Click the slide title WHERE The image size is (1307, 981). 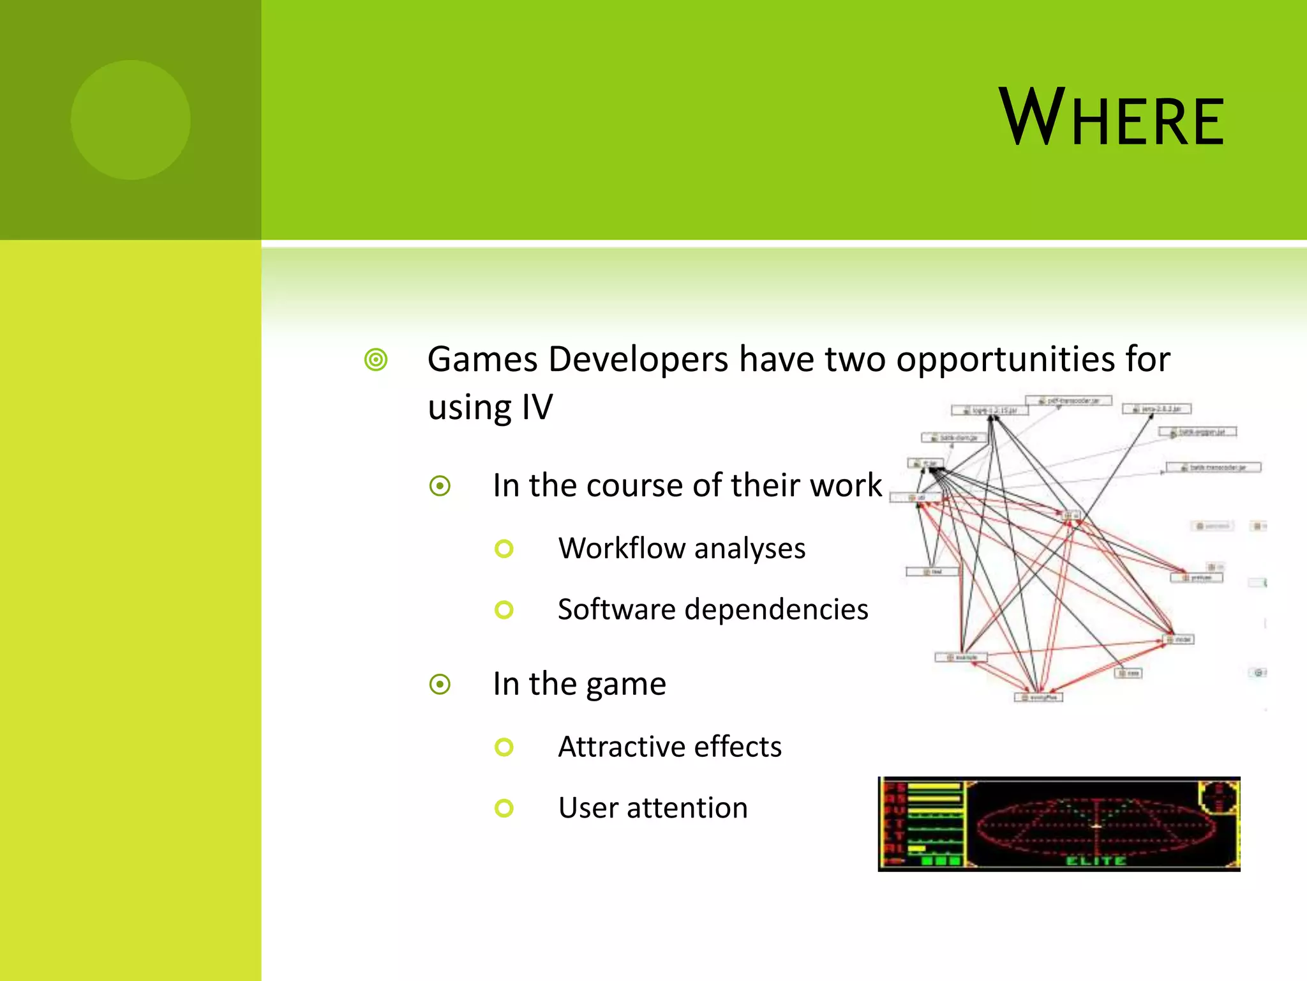point(1111,118)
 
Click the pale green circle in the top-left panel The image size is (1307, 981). point(130,119)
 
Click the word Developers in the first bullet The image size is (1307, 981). point(638,359)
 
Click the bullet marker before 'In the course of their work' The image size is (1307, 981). point(440,486)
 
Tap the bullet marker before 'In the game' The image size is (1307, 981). point(440,685)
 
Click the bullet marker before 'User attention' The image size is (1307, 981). point(504,808)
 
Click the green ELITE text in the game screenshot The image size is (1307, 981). point(1096,861)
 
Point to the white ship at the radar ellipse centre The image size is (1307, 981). point(1096,826)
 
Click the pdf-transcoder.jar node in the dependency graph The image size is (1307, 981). point(1069,400)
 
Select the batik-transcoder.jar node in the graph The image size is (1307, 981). point(1213,468)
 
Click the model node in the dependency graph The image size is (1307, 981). point(1180,639)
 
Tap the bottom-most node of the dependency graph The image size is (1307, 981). point(1038,697)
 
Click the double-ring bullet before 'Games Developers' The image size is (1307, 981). point(376,360)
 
